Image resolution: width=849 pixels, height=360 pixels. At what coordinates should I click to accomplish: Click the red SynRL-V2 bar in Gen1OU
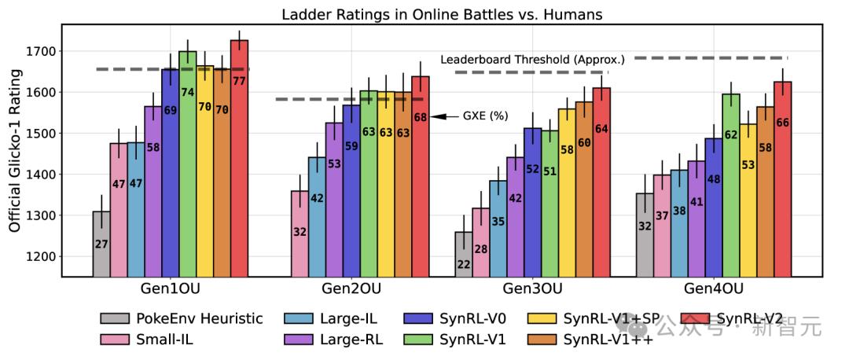coord(239,157)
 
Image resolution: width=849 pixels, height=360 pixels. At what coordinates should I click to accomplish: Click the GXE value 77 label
coord(239,81)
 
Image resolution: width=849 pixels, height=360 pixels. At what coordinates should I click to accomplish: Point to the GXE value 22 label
coord(463,266)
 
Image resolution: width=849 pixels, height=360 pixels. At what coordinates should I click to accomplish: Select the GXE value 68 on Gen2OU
coord(421,118)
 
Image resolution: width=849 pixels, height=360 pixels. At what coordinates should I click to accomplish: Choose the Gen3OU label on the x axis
coord(531,288)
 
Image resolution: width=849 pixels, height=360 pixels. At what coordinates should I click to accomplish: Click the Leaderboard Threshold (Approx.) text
coord(533,59)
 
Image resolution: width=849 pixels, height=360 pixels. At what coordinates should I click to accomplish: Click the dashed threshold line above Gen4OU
coord(710,57)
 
